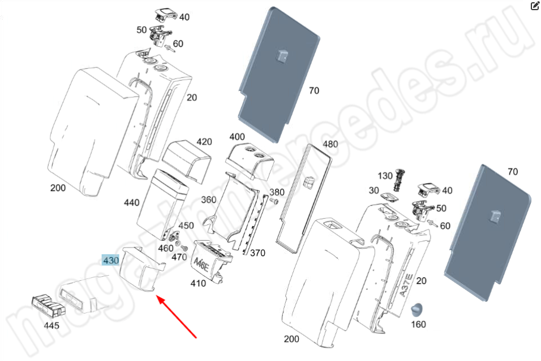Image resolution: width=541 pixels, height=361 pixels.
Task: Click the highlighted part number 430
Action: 110,260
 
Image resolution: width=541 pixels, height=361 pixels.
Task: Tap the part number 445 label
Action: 52,325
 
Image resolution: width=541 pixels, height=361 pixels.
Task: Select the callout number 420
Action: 204,141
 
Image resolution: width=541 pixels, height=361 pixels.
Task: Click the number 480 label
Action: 330,144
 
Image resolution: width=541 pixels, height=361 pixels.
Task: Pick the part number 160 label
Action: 418,324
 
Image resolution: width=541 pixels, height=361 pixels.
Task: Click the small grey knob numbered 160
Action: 418,309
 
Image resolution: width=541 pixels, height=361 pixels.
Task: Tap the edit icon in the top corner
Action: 535,6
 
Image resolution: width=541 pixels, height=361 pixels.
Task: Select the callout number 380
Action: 277,192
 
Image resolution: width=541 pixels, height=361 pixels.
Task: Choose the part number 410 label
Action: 198,284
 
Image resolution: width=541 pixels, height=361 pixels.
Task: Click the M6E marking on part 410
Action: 201,263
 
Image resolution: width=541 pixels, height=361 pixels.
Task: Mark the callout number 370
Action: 257,253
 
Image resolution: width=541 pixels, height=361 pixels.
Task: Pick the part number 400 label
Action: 237,137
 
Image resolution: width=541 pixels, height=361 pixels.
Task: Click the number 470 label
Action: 179,257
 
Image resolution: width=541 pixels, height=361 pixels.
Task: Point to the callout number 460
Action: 166,248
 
